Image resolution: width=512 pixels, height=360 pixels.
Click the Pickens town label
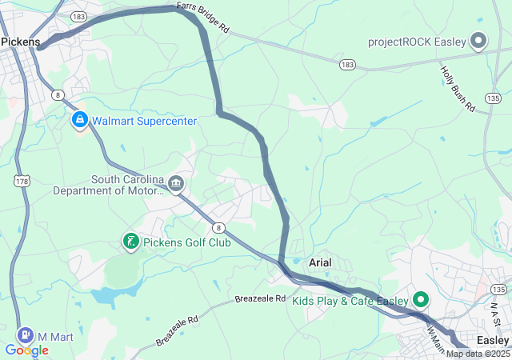click(x=20, y=42)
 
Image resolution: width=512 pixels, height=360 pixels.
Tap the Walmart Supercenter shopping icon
click(x=80, y=121)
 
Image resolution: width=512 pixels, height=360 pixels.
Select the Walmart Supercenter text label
click(x=144, y=122)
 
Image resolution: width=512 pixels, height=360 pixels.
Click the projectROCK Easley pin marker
click(x=478, y=40)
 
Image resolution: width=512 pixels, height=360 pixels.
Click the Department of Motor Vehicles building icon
click(x=176, y=186)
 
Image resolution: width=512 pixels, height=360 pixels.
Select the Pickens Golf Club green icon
click(x=130, y=241)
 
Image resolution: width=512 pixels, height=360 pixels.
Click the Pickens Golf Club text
click(x=186, y=242)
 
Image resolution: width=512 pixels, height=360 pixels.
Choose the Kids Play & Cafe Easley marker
click(x=420, y=301)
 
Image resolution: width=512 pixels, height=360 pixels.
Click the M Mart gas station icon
click(x=26, y=336)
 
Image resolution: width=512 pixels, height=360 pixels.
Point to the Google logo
click(x=26, y=350)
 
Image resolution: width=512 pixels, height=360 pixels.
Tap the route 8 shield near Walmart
click(x=58, y=94)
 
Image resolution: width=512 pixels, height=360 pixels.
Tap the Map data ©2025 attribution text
click(x=478, y=354)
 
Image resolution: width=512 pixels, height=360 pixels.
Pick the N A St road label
click(x=496, y=313)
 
